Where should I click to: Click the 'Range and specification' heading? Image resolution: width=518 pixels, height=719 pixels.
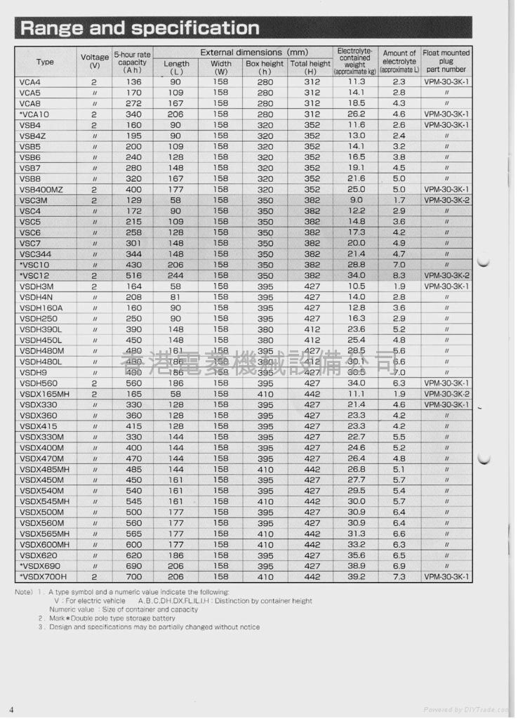point(140,28)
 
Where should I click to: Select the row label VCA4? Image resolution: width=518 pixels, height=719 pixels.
point(30,82)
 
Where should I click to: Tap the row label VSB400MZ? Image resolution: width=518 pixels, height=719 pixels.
point(41,190)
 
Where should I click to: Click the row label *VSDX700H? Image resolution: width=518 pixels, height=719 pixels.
point(43,576)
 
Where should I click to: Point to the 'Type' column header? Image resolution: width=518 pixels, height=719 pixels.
point(45,62)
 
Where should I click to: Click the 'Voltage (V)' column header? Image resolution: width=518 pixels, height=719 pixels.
point(95,61)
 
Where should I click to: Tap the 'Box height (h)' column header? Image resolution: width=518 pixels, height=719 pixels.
point(265,67)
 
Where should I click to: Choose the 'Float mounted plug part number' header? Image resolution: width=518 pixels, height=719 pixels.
point(446,61)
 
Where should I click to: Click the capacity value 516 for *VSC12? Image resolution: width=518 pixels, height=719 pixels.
point(133,275)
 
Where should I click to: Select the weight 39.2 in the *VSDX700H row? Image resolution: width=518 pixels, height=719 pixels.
point(357,576)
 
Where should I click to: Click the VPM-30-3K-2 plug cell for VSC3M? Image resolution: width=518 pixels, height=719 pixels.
point(446,200)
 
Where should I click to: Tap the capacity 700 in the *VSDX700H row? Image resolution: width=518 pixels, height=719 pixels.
point(133,576)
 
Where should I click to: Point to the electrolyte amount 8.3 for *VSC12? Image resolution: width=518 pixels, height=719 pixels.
point(399,275)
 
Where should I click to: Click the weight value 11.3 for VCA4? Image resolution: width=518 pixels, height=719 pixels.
point(357,82)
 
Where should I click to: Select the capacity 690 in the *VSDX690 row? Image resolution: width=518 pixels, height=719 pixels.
point(133,566)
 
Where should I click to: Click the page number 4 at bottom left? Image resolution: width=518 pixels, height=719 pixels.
point(11,708)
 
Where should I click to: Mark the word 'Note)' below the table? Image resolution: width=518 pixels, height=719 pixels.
point(23,592)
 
